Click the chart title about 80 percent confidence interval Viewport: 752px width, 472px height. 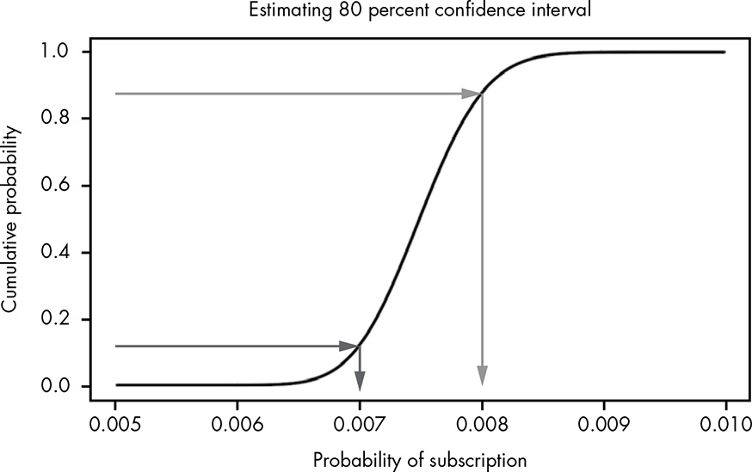point(420,12)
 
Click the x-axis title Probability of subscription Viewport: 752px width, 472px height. point(420,459)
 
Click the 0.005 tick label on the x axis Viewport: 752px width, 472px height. point(114,424)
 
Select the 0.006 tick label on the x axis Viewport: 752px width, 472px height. point(237,424)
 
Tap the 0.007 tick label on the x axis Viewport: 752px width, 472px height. point(360,424)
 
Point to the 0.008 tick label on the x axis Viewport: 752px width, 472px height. point(482,424)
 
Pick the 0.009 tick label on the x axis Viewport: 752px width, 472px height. point(604,424)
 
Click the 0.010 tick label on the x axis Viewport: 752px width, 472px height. point(726,424)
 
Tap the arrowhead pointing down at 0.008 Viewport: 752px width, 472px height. point(482,377)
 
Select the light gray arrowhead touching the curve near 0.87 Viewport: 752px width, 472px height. point(472,93)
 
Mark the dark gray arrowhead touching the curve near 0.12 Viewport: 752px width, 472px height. point(349,346)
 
